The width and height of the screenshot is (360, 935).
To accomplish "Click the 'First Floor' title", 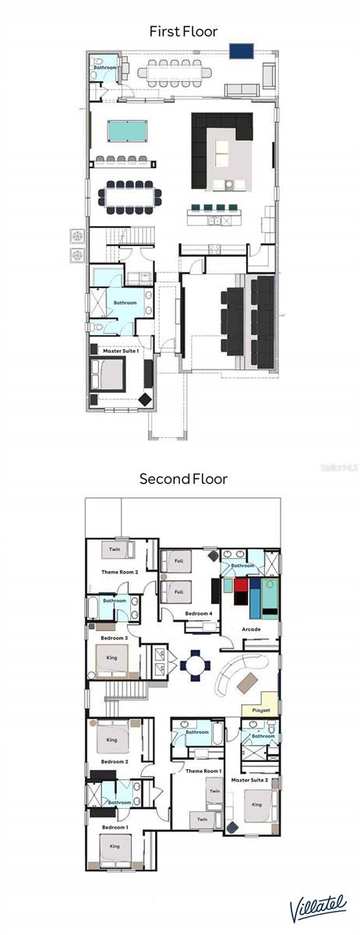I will (x=183, y=31).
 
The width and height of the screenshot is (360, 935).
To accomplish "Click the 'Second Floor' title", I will (x=183, y=478).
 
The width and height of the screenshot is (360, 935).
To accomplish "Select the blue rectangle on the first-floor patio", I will (x=242, y=51).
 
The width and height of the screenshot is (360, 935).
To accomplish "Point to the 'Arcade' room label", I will (x=251, y=629).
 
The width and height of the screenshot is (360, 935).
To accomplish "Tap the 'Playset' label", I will (x=260, y=710).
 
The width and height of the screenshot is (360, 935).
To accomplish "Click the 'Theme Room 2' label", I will (x=120, y=572).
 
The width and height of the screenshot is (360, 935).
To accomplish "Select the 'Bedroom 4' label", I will (x=199, y=614).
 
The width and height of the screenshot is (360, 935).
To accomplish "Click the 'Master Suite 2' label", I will (x=249, y=779).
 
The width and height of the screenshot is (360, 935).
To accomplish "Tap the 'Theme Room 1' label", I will (x=203, y=771).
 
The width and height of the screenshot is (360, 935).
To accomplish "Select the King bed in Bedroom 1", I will (x=115, y=847).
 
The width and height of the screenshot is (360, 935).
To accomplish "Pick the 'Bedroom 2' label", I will (x=115, y=761).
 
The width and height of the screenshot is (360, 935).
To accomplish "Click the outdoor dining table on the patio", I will (x=175, y=72).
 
